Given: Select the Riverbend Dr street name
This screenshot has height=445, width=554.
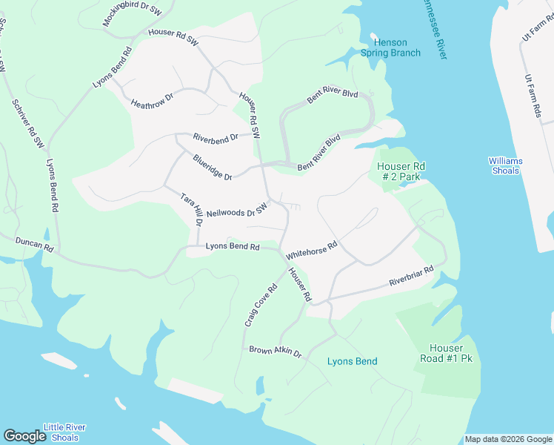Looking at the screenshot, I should click(216, 137).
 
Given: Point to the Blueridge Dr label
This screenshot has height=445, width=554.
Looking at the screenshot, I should click(213, 167).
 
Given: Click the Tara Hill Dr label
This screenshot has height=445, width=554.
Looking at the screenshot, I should click(192, 210).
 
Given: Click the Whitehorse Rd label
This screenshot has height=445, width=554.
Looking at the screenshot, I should click(311, 249).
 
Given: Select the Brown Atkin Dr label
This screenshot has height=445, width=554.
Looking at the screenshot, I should click(276, 351).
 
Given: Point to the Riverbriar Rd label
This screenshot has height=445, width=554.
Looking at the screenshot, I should click(411, 277).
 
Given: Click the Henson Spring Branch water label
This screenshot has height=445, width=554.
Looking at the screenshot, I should click(390, 47).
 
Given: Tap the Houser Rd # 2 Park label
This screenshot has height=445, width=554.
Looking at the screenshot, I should click(399, 171).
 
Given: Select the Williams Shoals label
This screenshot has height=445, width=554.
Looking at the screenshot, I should click(506, 165).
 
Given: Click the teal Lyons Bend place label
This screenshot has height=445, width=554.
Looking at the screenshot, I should click(352, 361).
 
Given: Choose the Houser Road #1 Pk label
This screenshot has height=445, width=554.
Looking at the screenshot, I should click(446, 354).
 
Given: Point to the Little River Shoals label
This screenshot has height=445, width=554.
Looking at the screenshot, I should click(64, 432).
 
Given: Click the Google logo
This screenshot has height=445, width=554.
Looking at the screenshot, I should click(24, 435).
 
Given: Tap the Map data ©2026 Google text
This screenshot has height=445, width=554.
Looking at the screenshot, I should click(508, 439).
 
